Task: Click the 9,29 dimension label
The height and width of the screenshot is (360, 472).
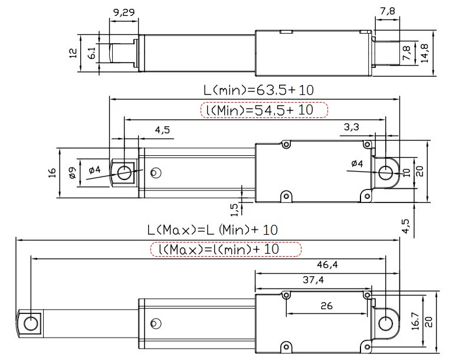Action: coord(124,12)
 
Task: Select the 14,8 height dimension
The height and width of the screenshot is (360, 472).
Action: coord(425,53)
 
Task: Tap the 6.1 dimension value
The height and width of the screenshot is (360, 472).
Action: coord(92,53)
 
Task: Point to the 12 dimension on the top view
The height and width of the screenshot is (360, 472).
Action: coord(73,53)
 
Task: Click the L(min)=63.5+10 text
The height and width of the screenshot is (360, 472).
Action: coord(258,90)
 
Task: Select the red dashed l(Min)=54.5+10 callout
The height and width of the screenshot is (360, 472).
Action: coord(264,110)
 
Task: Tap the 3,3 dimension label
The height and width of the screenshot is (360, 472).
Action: coord(351,127)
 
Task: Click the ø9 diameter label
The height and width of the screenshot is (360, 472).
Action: coord(73,173)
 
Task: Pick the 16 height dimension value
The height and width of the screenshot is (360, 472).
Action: coord(52,173)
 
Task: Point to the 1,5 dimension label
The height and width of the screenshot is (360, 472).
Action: coord(234,210)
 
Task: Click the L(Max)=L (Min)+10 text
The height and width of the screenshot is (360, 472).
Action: coord(212,230)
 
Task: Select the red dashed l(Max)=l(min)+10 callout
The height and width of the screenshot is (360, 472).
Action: coord(226,249)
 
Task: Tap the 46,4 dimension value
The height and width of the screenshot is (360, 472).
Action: coord(327,264)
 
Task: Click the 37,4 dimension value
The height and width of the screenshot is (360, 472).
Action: coord(313,280)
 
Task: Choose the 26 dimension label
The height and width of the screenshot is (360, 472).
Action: coord(327,306)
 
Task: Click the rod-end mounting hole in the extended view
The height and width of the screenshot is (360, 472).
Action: coord(31,324)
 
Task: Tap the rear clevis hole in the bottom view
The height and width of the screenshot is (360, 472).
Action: coord(386,324)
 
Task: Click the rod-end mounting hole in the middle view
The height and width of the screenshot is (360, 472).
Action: coord(124,173)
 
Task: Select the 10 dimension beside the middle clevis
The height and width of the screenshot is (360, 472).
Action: coord(407,173)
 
